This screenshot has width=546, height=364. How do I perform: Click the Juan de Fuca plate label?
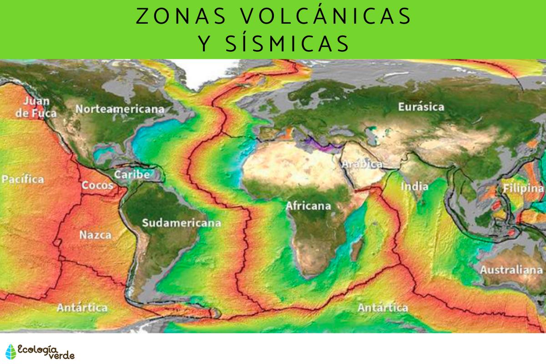(x=36, y=107)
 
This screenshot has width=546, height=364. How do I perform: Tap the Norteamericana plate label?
(x=120, y=109)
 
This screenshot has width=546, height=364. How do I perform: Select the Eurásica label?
(x=421, y=107)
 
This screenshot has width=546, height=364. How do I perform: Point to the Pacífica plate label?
(x=23, y=179)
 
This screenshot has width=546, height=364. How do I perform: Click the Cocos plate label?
(x=94, y=186)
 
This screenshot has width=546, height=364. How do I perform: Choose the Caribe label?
(x=132, y=174)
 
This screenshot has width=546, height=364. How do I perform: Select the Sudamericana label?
(x=182, y=223)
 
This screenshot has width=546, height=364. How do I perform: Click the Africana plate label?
(x=308, y=206)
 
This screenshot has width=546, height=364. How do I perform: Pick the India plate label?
(x=415, y=187)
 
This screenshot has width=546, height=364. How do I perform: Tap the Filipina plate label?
(x=523, y=188)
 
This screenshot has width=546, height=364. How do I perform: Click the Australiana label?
(x=511, y=270)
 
